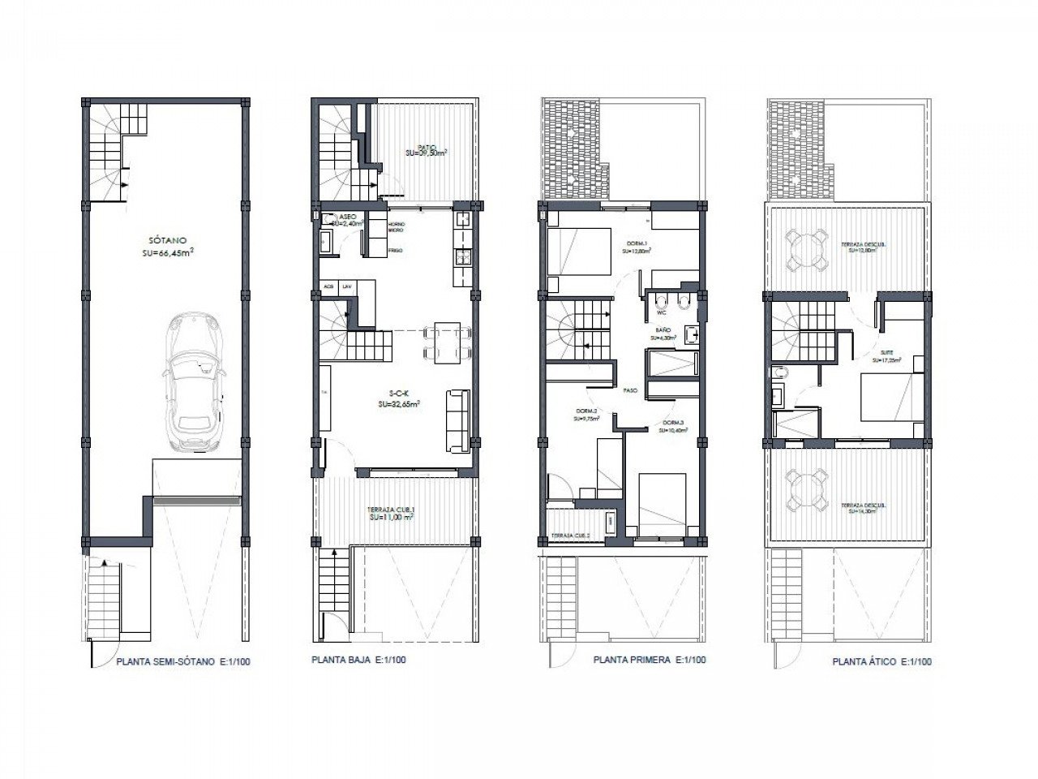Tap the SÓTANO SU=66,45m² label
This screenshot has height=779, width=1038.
pyautogui.click(x=165, y=247)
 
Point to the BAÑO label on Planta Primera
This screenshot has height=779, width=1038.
pyautogui.click(x=663, y=329)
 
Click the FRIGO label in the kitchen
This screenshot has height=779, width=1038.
pyautogui.click(x=395, y=251)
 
